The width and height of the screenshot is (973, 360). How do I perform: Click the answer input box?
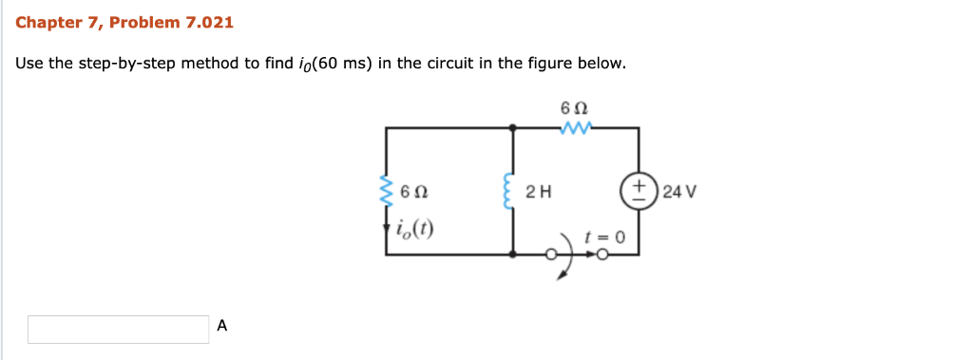click(x=118, y=329)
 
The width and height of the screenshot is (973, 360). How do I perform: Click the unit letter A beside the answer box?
click(x=222, y=326)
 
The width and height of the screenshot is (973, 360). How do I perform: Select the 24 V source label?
click(x=680, y=190)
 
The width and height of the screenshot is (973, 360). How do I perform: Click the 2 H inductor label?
click(x=539, y=191)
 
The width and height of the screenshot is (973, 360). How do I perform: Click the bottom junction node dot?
click(x=514, y=255)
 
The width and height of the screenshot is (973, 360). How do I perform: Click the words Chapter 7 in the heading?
click(x=52, y=22)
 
